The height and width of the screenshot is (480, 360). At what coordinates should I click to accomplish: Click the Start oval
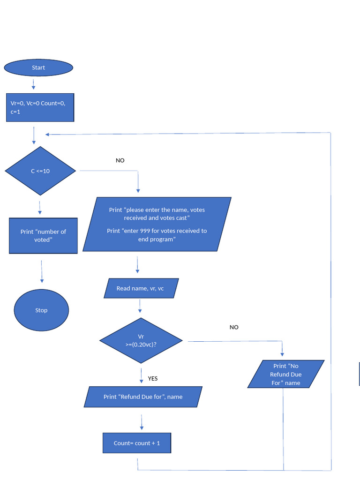click(38, 67)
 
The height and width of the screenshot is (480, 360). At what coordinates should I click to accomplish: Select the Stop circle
click(41, 310)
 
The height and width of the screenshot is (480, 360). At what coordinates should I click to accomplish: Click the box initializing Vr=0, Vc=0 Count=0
click(40, 107)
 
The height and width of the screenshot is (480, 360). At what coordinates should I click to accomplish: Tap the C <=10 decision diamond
click(40, 171)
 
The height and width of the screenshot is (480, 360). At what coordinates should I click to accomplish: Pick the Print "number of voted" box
click(43, 235)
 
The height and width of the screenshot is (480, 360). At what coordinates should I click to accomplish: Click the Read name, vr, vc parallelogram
click(140, 288)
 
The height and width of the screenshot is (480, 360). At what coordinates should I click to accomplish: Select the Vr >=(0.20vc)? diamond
click(141, 340)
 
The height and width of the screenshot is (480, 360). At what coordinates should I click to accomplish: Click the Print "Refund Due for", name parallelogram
click(143, 397)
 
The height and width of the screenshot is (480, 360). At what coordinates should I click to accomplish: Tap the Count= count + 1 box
click(137, 443)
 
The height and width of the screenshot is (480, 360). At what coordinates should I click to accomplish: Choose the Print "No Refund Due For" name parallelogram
click(286, 374)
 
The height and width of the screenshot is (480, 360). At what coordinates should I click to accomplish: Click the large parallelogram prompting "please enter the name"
click(157, 225)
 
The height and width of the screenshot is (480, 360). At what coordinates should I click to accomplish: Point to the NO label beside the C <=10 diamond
click(120, 160)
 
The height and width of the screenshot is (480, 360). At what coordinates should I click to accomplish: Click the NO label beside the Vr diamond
click(234, 327)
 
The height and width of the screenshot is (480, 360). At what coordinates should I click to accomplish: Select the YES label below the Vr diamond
click(153, 378)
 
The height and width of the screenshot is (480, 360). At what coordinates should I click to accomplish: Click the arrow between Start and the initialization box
click(33, 84)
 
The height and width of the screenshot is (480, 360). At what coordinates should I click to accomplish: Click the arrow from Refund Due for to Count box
click(142, 421)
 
